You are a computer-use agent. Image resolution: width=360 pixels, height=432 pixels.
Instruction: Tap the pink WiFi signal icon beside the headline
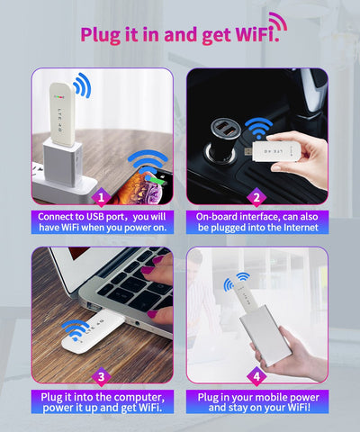(x=279, y=21)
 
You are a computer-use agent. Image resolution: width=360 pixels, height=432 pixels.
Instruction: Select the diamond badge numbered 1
(x=102, y=197)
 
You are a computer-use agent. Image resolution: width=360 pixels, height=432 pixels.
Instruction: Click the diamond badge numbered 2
(x=256, y=197)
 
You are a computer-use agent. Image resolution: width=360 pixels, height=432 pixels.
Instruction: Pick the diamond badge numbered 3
(x=102, y=376)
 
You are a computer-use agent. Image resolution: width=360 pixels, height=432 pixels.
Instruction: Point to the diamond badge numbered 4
(x=256, y=376)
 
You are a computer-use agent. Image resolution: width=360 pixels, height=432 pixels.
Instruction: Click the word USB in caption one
(x=96, y=217)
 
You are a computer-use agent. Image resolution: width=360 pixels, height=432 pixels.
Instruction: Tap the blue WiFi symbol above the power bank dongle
(x=237, y=281)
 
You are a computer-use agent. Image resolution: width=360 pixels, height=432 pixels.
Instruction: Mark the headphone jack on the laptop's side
(x=138, y=323)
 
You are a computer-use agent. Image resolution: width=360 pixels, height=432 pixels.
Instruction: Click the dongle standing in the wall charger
(x=62, y=114)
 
